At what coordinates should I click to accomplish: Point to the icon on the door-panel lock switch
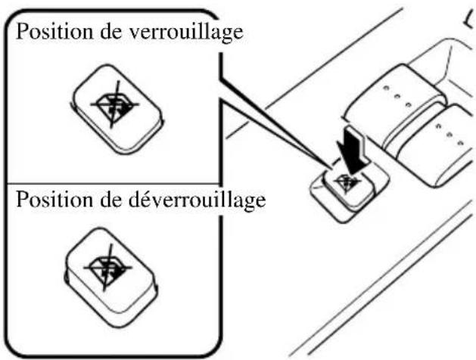tap(349, 179)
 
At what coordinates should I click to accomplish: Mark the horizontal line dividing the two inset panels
tap(114, 184)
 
